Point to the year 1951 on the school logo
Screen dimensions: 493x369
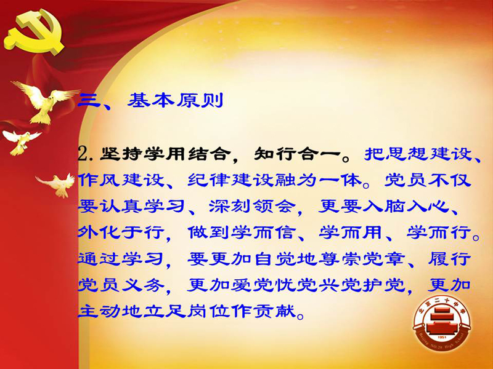(442, 338)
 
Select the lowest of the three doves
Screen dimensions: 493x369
(57, 184)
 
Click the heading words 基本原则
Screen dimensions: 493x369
(176, 100)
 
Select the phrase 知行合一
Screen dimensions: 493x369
(297, 154)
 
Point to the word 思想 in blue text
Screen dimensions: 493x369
(408, 154)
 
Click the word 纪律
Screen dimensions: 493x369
(209, 181)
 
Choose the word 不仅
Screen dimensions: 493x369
(450, 181)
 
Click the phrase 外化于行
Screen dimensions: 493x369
(121, 233)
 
